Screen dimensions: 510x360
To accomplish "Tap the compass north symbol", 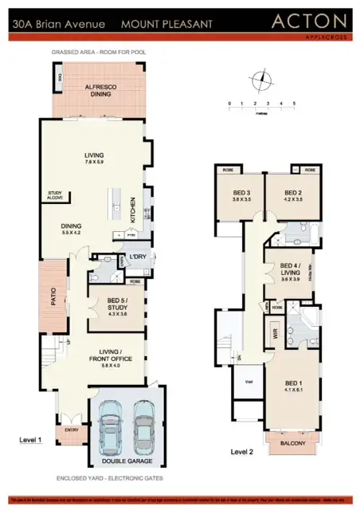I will [x=260, y=80].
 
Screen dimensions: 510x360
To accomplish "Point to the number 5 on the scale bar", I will [x=295, y=104].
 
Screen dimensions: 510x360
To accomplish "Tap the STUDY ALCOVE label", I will [x=55, y=194].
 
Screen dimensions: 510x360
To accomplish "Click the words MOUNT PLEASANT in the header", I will [x=166, y=25].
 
